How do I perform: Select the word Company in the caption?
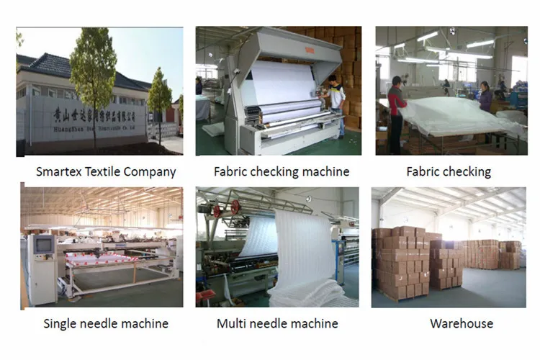click(x=150, y=172)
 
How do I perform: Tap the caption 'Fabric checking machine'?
click(x=282, y=172)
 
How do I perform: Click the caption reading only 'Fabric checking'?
click(x=448, y=172)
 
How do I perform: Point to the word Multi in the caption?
click(x=233, y=323)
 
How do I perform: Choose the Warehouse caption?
click(x=462, y=323)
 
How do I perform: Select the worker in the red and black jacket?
click(x=395, y=108)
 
